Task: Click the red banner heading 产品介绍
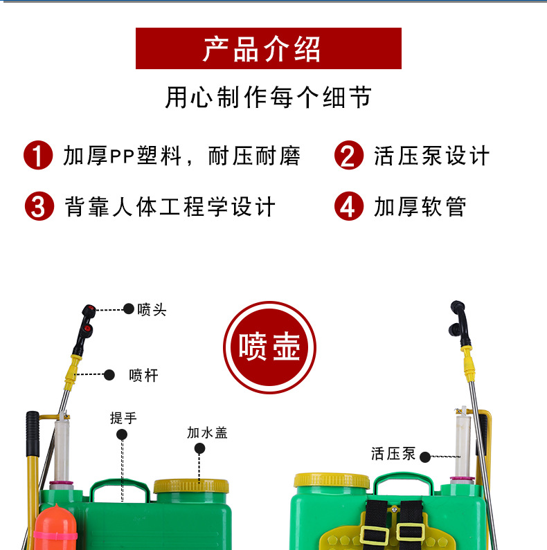point(268,48)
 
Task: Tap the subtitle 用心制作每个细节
point(268,97)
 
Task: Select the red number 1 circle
point(38,156)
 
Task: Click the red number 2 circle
point(349,156)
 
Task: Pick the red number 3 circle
point(39,206)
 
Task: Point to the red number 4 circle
point(349,206)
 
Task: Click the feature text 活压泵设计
point(431,156)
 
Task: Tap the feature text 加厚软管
point(420,207)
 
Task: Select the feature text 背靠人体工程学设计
point(170,207)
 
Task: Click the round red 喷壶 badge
point(269,347)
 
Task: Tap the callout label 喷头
point(152,310)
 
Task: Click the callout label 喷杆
point(143,376)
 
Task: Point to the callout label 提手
point(123,418)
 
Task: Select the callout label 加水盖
point(207,433)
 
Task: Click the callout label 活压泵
point(393,454)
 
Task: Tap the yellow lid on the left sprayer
point(191,486)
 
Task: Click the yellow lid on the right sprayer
point(332,481)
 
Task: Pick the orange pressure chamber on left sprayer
point(55,528)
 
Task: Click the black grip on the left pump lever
point(33,434)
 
